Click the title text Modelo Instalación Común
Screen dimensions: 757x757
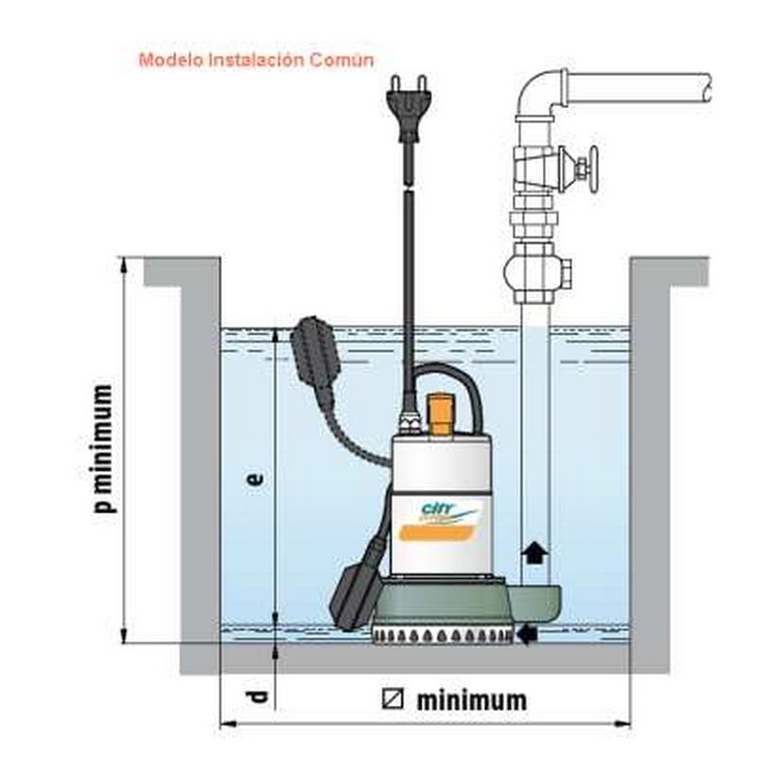click(256, 60)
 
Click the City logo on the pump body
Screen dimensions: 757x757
click(438, 512)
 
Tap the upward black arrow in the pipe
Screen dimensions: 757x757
click(536, 553)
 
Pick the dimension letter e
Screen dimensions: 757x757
click(254, 479)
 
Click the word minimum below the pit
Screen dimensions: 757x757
click(470, 700)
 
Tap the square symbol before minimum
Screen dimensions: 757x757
click(393, 700)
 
